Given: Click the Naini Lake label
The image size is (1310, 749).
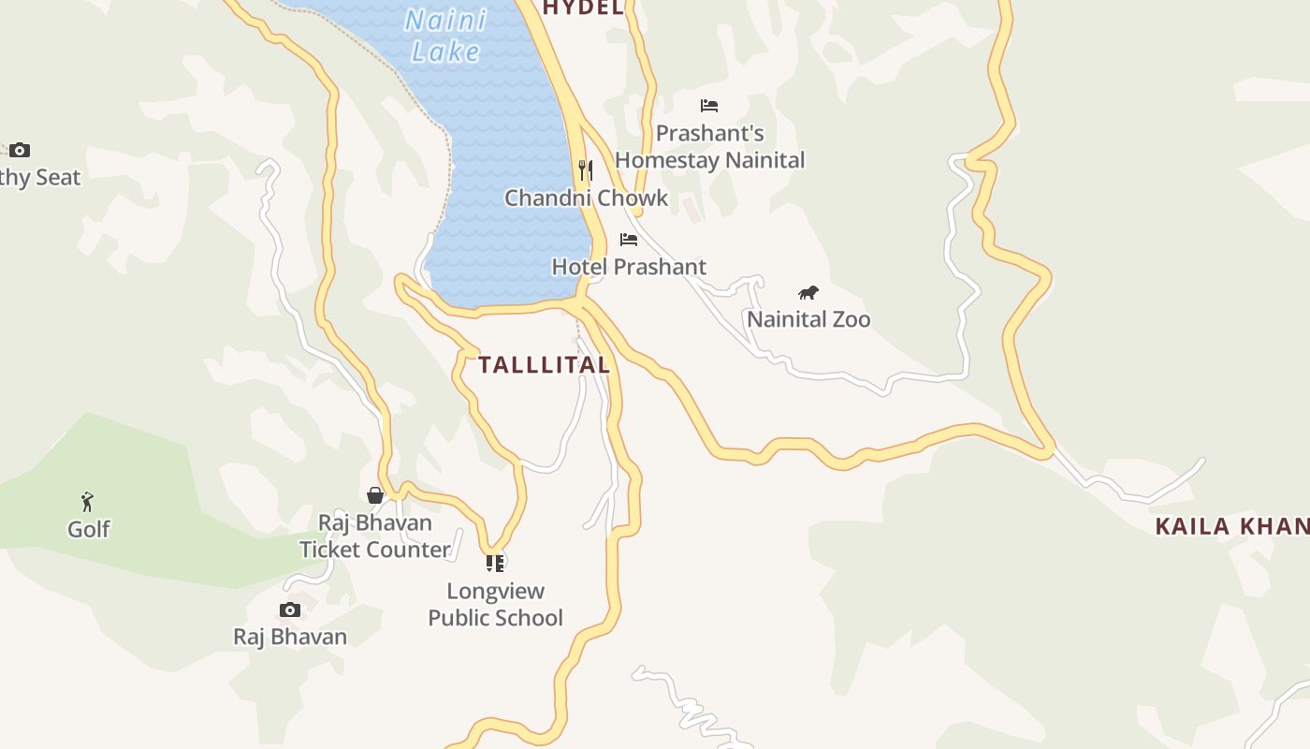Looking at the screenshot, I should tap(446, 36).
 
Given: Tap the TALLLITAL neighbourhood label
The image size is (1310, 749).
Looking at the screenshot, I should tap(544, 365).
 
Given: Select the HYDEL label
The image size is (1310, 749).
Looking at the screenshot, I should tap(583, 8).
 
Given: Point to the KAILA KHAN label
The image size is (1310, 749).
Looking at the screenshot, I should tap(1231, 526).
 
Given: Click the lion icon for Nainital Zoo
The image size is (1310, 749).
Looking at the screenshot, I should tap(808, 293).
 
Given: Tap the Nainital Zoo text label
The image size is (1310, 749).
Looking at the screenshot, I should tap(808, 319).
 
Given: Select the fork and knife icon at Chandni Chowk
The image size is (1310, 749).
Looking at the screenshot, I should tap(586, 169).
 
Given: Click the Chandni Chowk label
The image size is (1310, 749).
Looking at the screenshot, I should tap(587, 198).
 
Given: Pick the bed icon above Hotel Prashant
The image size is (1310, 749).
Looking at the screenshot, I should tap(629, 240).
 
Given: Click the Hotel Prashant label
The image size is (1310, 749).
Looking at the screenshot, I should tap(629, 267).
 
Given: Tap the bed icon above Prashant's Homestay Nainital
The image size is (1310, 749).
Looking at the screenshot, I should tap(709, 106).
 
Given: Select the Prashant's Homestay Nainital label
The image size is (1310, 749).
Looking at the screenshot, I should tap(709, 147).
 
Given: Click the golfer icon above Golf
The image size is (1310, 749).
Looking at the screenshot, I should tap(88, 502).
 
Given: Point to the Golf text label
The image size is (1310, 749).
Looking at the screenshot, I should tap(89, 529).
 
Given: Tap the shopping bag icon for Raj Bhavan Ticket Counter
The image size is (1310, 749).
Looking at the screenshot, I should tap(375, 495).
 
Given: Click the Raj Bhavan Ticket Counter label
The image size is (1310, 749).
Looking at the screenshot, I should tap(375, 536).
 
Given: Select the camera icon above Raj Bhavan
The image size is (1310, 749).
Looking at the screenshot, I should tap(290, 610).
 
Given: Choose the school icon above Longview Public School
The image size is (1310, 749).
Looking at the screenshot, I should tap(495, 563).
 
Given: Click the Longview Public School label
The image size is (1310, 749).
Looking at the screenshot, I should tap(495, 604).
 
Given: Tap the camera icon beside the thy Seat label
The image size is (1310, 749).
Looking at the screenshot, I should tap(20, 150).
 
